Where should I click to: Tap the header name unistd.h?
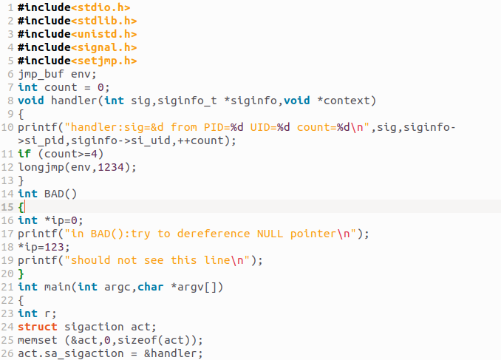tap(104, 34)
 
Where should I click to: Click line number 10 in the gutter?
tap(7, 127)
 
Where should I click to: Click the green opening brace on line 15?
tap(21, 207)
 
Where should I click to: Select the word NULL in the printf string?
tap(270, 234)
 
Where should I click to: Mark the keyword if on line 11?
tap(24, 154)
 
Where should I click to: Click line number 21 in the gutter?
tap(7, 287)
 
